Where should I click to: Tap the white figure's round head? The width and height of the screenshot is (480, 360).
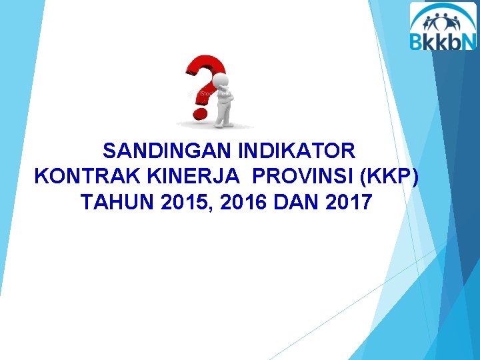tap(224, 81)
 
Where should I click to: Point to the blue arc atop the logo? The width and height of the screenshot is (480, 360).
tap(443, 8)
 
